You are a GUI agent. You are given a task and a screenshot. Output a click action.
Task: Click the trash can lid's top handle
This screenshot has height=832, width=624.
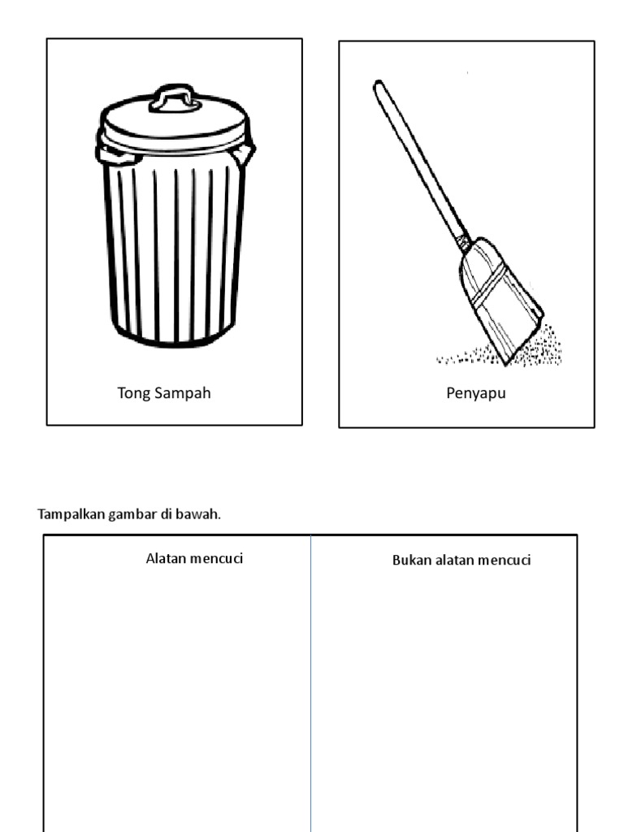175,98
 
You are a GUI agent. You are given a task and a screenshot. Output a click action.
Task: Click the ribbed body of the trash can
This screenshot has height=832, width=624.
174,249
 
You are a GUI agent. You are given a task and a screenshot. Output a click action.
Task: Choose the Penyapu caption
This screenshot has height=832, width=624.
475,394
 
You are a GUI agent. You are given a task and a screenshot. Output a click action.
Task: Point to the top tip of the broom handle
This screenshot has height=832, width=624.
378,83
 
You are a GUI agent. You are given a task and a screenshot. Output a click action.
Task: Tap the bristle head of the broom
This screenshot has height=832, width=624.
500,301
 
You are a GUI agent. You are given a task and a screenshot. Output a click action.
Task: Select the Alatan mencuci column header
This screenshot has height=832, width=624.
194,558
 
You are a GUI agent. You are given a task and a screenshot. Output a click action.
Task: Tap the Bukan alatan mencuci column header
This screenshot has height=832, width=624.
461,560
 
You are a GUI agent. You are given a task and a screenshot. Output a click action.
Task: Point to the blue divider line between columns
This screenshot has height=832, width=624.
311,683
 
